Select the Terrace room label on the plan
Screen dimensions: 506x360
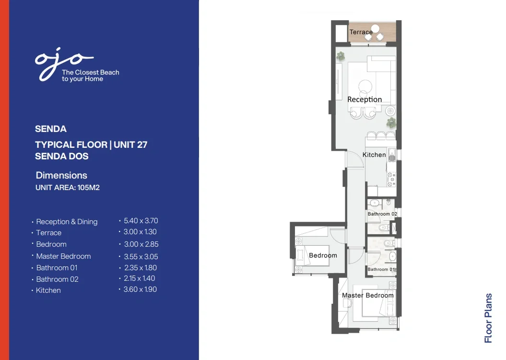coord(361,32)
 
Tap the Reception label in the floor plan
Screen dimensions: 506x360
coord(365,99)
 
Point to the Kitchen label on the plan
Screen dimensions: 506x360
coord(374,155)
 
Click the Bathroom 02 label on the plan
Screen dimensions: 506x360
coord(382,214)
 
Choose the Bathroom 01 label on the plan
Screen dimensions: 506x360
coord(381,269)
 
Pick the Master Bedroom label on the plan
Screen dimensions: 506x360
coord(367,295)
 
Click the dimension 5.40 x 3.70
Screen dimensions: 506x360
coord(141,221)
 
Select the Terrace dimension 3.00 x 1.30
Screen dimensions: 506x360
coord(140,232)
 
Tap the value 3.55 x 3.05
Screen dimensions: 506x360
coord(141,257)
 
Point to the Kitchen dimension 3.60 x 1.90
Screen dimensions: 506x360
coord(140,289)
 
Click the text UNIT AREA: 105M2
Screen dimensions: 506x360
coord(68,188)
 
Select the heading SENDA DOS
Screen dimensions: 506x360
coord(62,156)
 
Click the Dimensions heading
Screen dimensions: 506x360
coord(61,175)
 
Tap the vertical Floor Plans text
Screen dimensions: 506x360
coord(488,318)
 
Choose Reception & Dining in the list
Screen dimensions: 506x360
coord(67,222)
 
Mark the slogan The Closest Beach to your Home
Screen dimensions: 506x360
coord(91,75)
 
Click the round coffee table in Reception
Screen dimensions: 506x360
coord(365,86)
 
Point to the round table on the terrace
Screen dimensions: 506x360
coord(376,28)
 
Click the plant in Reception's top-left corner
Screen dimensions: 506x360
coord(341,56)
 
